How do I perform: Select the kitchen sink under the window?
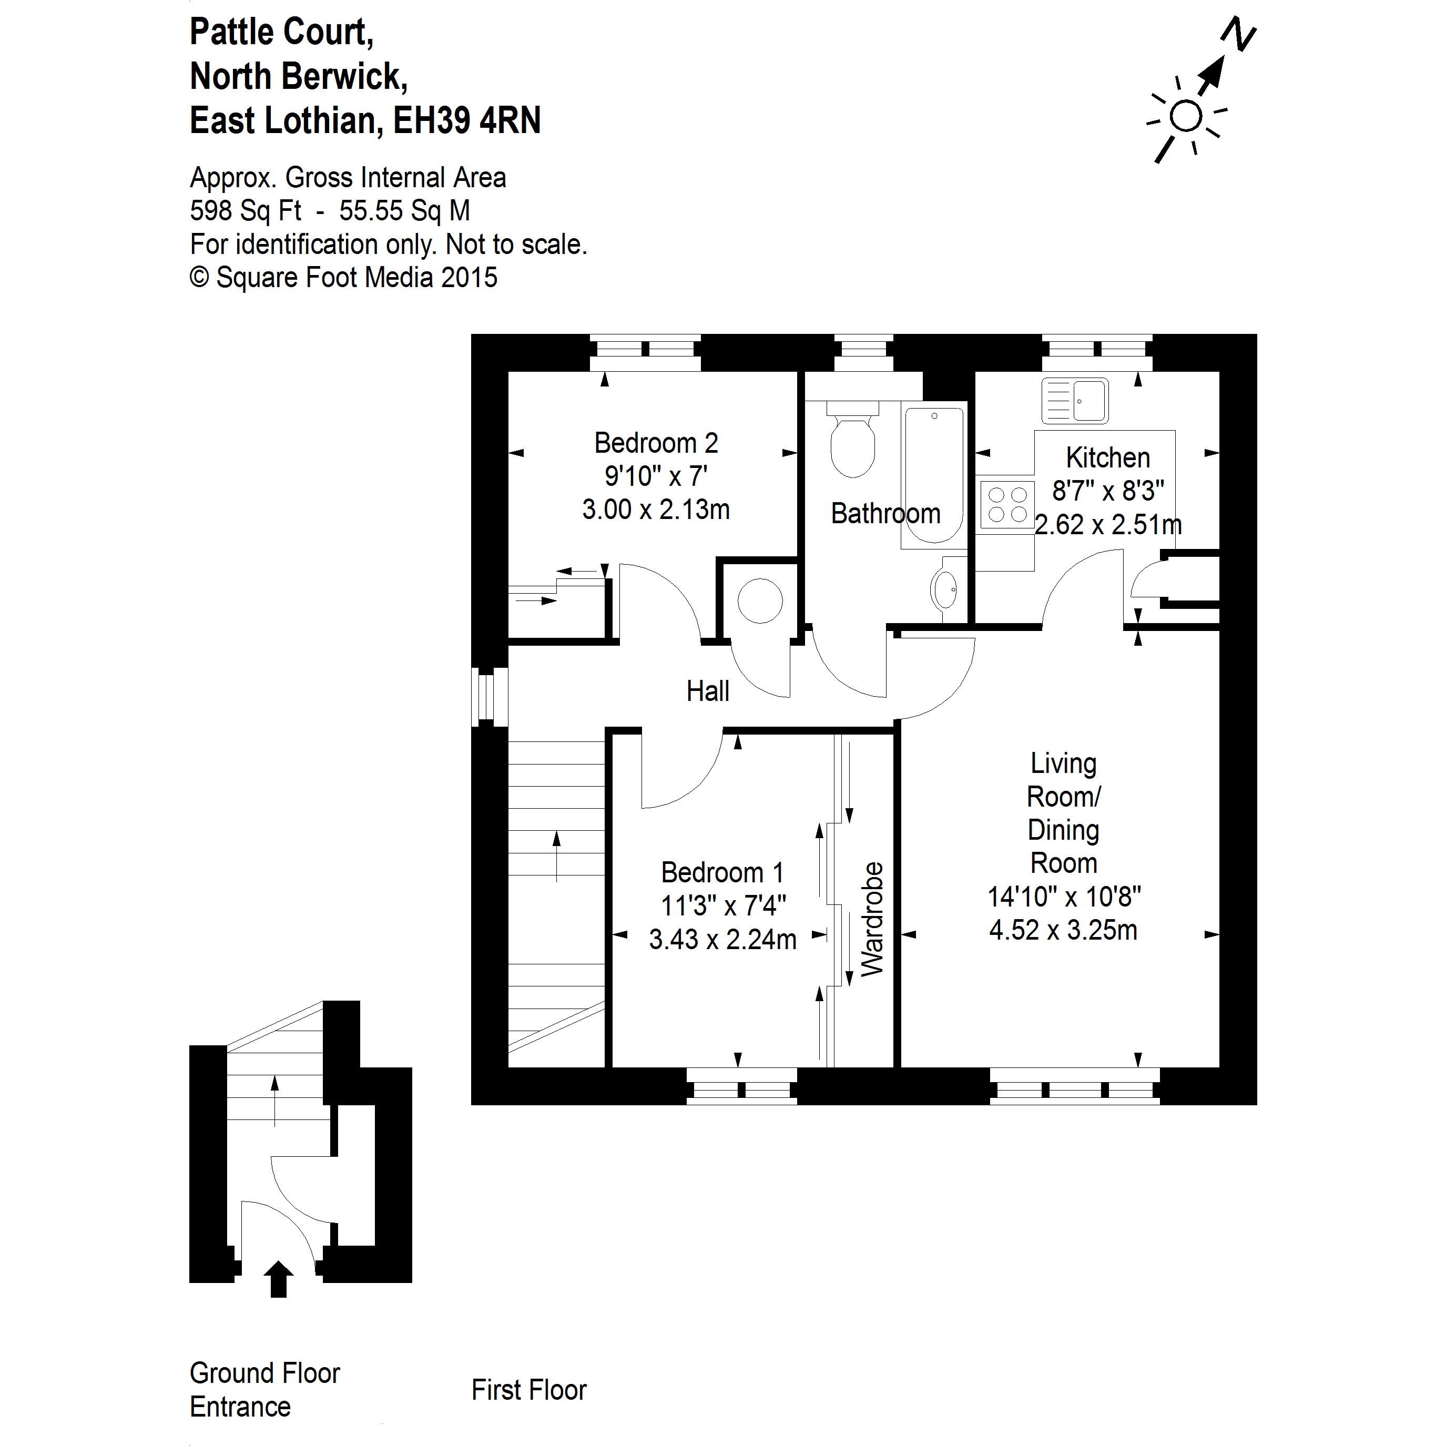tap(1075, 401)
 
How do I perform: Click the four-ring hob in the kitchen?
tap(1006, 504)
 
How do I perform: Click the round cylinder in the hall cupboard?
tap(760, 600)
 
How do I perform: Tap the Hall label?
tap(707, 691)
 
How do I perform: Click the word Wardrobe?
tap(872, 919)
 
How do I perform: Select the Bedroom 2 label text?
tap(656, 443)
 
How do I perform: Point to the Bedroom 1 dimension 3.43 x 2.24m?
tap(722, 939)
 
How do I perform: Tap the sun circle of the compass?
tap(1186, 117)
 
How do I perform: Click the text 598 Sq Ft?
tap(246, 211)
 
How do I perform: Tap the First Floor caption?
tap(528, 1390)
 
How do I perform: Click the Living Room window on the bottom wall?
tap(1075, 1086)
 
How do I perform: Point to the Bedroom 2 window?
tap(645, 352)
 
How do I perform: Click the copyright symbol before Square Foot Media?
tap(199, 278)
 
